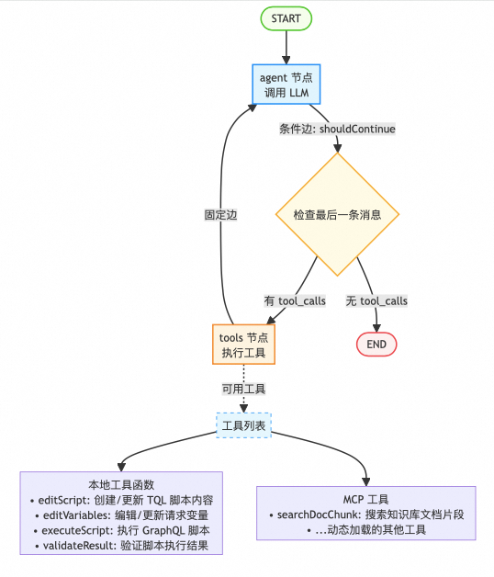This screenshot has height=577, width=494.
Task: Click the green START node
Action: (x=286, y=18)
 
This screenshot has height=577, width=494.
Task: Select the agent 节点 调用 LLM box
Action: (x=286, y=85)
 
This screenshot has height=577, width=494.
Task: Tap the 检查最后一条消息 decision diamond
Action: (x=337, y=215)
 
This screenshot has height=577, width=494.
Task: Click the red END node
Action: (x=376, y=344)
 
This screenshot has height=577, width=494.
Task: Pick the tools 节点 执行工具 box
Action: (x=244, y=345)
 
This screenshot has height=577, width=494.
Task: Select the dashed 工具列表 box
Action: (x=244, y=424)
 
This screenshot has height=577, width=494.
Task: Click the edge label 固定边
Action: (x=221, y=215)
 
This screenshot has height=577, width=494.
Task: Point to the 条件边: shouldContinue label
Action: (x=337, y=129)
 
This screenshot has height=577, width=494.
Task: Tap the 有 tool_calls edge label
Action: (x=295, y=300)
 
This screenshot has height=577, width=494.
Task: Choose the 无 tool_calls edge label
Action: (x=376, y=300)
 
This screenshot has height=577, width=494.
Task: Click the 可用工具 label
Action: (x=243, y=389)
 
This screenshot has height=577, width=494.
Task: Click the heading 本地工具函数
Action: (x=121, y=484)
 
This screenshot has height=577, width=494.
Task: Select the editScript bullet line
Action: (x=121, y=500)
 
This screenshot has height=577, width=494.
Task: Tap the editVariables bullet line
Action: (x=121, y=515)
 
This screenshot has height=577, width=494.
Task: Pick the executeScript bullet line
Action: (x=121, y=531)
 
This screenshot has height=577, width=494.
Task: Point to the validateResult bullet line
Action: (x=121, y=546)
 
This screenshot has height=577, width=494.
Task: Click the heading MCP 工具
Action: (x=365, y=500)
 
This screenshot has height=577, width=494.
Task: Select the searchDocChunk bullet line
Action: (x=365, y=515)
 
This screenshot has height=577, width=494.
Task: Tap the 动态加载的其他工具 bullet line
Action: (x=365, y=530)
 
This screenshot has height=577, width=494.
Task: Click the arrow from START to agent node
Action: (x=286, y=47)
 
